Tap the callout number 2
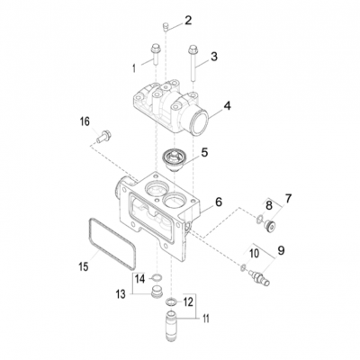coord(188,20)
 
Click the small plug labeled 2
coord(166,28)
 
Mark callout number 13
coord(120,293)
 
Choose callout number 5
coord(204,152)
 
